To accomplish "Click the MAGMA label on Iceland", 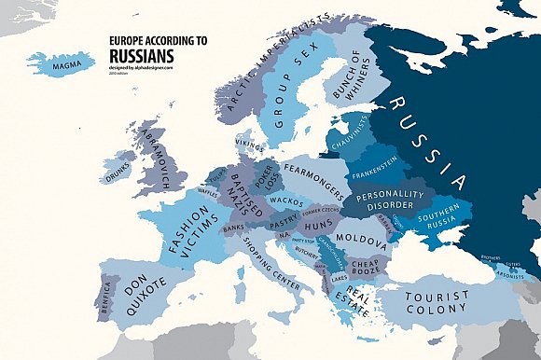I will [x=72, y=65].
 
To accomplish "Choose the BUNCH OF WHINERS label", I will [x=356, y=78].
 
